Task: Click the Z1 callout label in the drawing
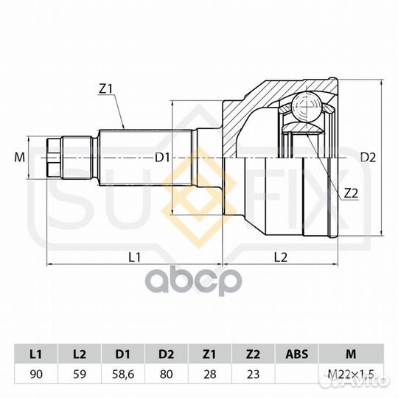click(105, 89)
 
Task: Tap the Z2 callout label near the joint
click(351, 194)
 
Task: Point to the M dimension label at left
click(20, 158)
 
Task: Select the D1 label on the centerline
click(162, 158)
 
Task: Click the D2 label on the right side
click(368, 158)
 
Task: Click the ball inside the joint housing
click(307, 106)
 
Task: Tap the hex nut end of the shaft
click(54, 158)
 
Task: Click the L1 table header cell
click(36, 354)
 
